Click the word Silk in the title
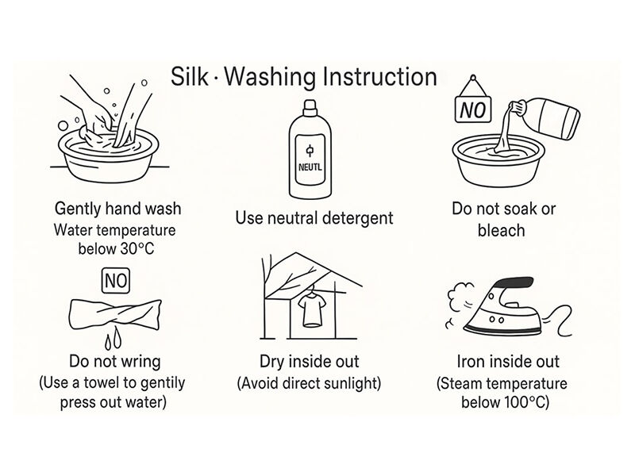tap(190, 76)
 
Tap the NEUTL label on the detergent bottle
tap(310, 167)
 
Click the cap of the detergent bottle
tap(310, 106)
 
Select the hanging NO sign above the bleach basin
tap(473, 106)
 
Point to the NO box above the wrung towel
tap(116, 281)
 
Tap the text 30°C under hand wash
tap(137, 248)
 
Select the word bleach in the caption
tap(502, 230)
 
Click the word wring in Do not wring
tap(140, 362)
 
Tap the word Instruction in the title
tap(379, 76)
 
